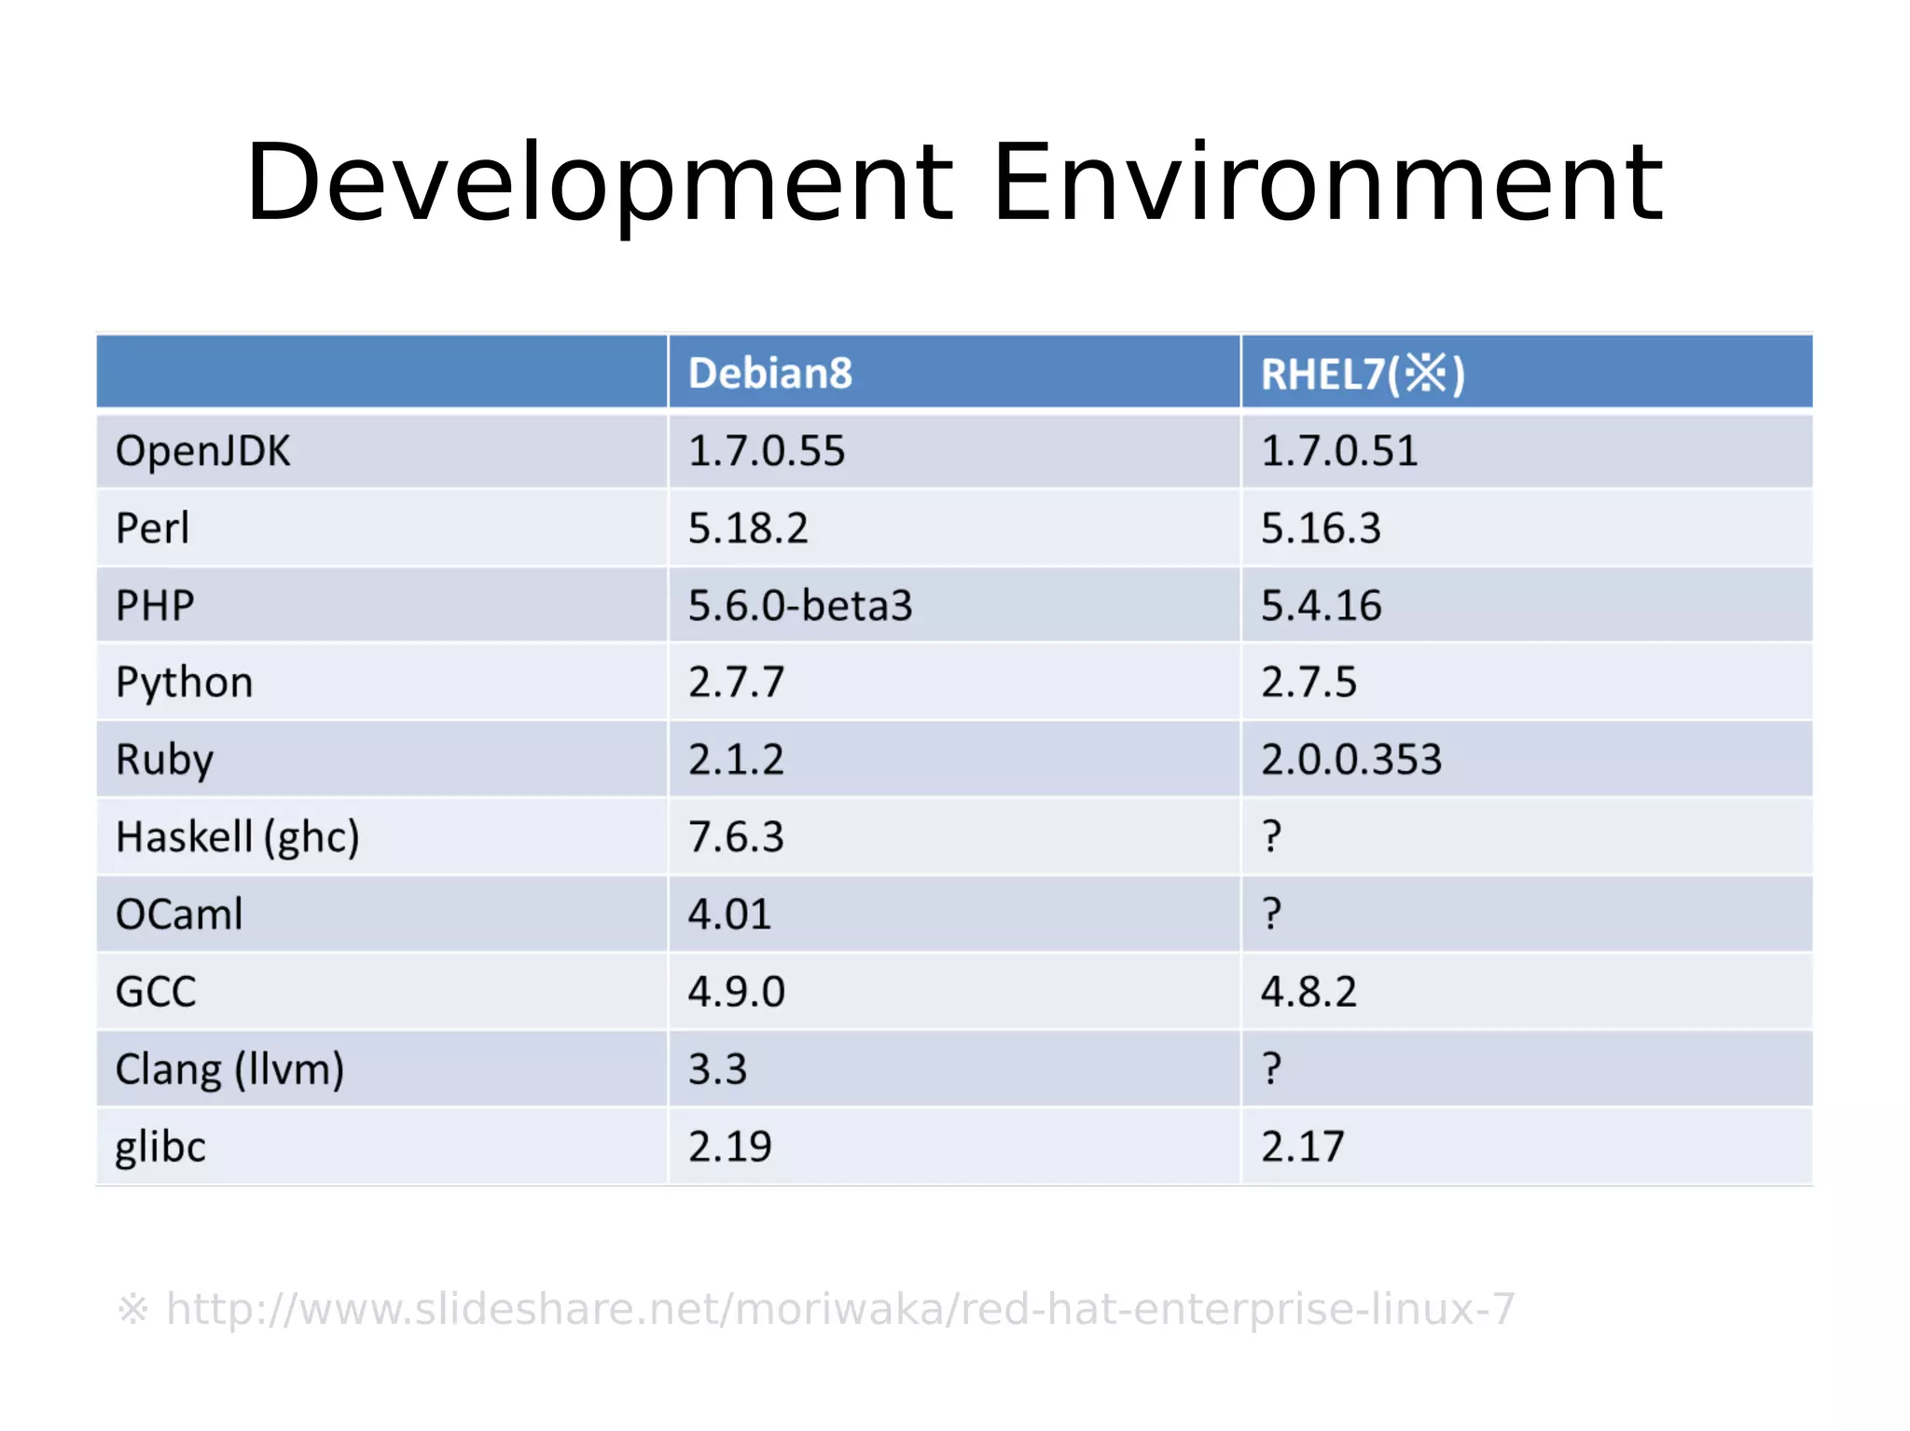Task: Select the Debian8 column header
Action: click(x=769, y=373)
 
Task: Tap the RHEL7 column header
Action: click(x=1362, y=374)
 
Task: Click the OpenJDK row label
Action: click(x=202, y=451)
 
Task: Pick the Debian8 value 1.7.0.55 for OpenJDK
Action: click(x=766, y=451)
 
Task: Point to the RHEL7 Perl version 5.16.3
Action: click(x=1320, y=529)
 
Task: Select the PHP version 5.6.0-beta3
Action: click(x=799, y=606)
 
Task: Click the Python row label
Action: click(x=184, y=683)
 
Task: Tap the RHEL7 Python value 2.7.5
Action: click(x=1308, y=682)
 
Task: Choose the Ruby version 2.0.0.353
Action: click(x=1350, y=760)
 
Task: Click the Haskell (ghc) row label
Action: click(x=237, y=837)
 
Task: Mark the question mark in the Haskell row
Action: click(x=1271, y=836)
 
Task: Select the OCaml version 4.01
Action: click(x=729, y=915)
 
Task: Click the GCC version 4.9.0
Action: click(x=736, y=992)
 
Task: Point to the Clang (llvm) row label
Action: click(x=229, y=1069)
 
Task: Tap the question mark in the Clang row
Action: click(x=1271, y=1068)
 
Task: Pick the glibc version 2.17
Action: click(x=1302, y=1147)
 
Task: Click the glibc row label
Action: click(x=159, y=1147)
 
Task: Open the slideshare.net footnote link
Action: click(x=839, y=1309)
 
